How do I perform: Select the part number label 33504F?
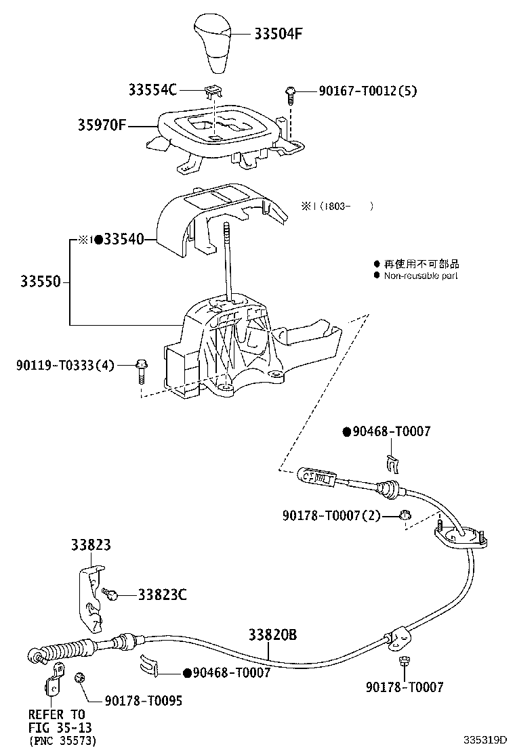coord(279,34)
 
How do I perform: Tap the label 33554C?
coord(153,89)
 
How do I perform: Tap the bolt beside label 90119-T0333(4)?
coord(142,368)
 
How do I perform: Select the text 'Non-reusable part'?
coord(421,276)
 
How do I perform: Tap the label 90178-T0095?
coord(143,700)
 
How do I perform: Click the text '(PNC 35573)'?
coord(62,741)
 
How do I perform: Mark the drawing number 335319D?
coord(485,741)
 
